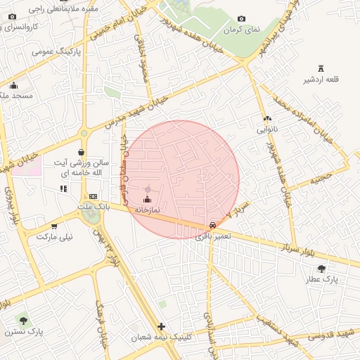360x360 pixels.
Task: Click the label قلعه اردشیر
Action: click(321, 79)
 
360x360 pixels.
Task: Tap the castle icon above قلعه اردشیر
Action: click(321, 68)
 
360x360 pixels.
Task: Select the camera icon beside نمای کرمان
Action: click(242, 19)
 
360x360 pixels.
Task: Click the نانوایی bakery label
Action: click(266, 129)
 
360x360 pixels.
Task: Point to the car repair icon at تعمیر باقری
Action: click(212, 224)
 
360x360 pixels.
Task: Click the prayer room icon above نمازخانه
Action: click(147, 200)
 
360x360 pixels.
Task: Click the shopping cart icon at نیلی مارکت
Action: click(54, 226)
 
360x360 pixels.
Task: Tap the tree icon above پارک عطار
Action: click(321, 268)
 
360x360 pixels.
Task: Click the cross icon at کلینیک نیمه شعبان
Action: click(162, 326)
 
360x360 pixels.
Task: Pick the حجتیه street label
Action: click(320, 180)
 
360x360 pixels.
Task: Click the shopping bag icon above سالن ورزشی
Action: click(82, 152)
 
